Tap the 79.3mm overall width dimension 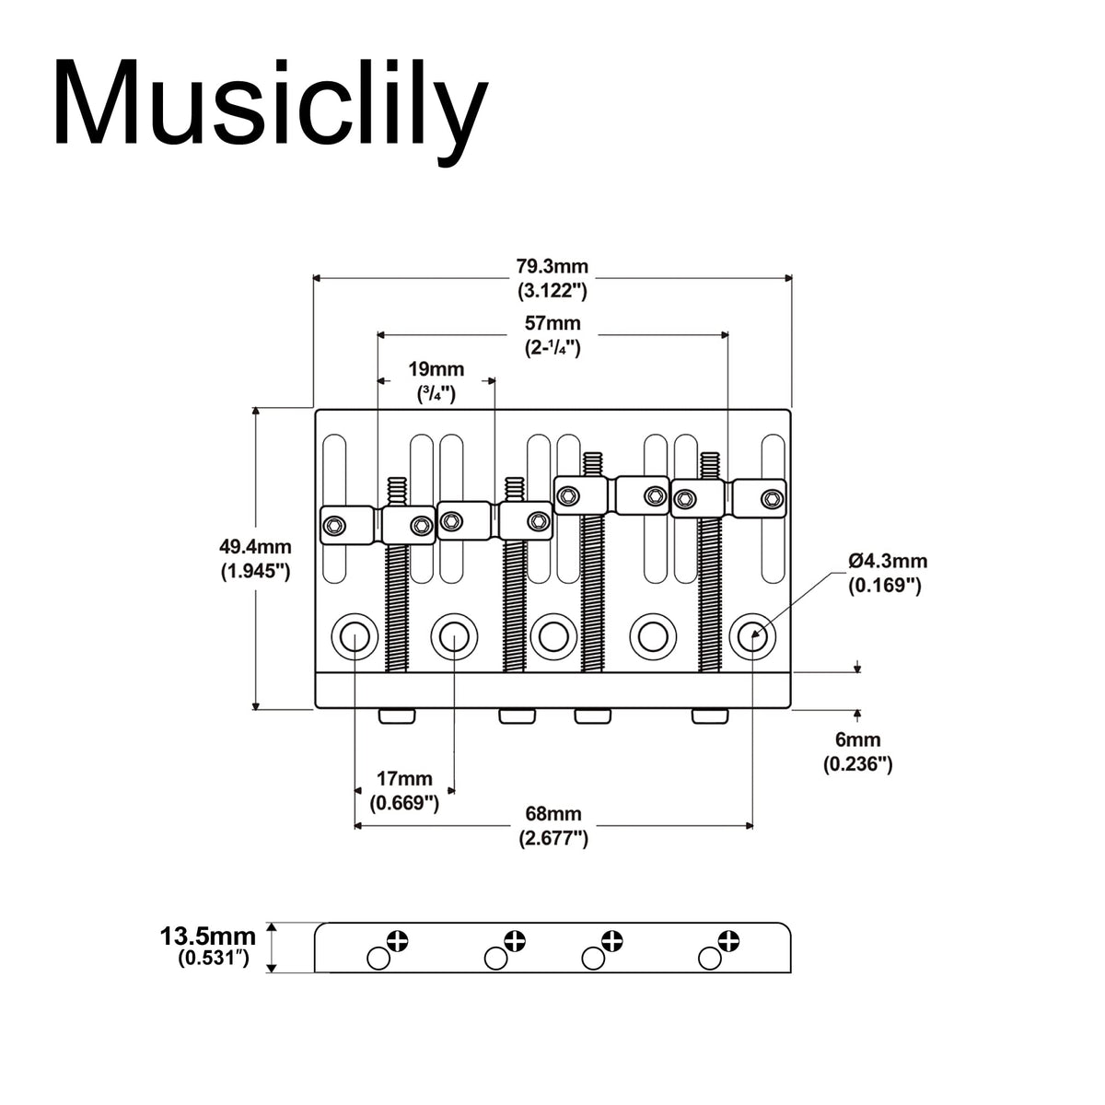(x=552, y=267)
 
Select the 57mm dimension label (x=552, y=324)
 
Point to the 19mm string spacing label (x=436, y=370)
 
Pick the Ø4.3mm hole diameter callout (x=888, y=561)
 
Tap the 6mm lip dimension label (x=857, y=739)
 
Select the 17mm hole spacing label (x=404, y=779)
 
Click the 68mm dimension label (x=552, y=814)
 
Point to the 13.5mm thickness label (x=204, y=937)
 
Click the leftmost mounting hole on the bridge (x=355, y=635)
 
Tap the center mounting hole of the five (x=552, y=635)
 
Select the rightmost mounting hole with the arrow (x=752, y=635)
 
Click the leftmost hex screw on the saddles (x=334, y=527)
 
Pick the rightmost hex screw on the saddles (x=772, y=499)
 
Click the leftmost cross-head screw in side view (x=398, y=941)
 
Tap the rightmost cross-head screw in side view (x=728, y=941)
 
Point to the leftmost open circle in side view (x=378, y=959)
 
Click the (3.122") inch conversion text (x=552, y=291)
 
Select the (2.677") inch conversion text (x=552, y=838)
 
